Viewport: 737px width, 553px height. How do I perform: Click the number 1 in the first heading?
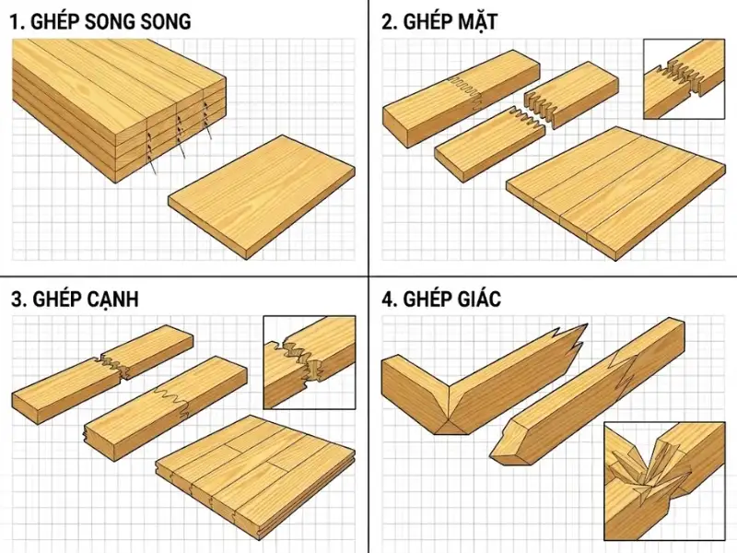(x=16, y=22)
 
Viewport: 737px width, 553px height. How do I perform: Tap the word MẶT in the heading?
(x=474, y=22)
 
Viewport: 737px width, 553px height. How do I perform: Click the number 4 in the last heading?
(x=387, y=300)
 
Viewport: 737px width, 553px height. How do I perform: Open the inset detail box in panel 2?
(x=684, y=79)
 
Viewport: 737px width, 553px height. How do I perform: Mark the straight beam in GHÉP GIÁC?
(x=590, y=387)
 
